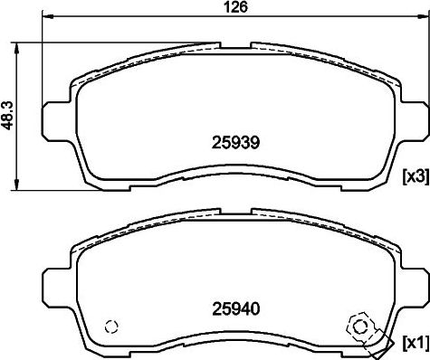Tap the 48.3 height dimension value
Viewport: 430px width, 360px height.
pos(8,116)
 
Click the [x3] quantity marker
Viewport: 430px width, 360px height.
pos(415,174)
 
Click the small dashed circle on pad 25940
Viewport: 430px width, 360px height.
pos(112,327)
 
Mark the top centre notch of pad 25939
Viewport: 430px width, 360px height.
pos(234,42)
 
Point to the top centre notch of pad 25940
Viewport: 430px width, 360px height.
pos(234,211)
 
